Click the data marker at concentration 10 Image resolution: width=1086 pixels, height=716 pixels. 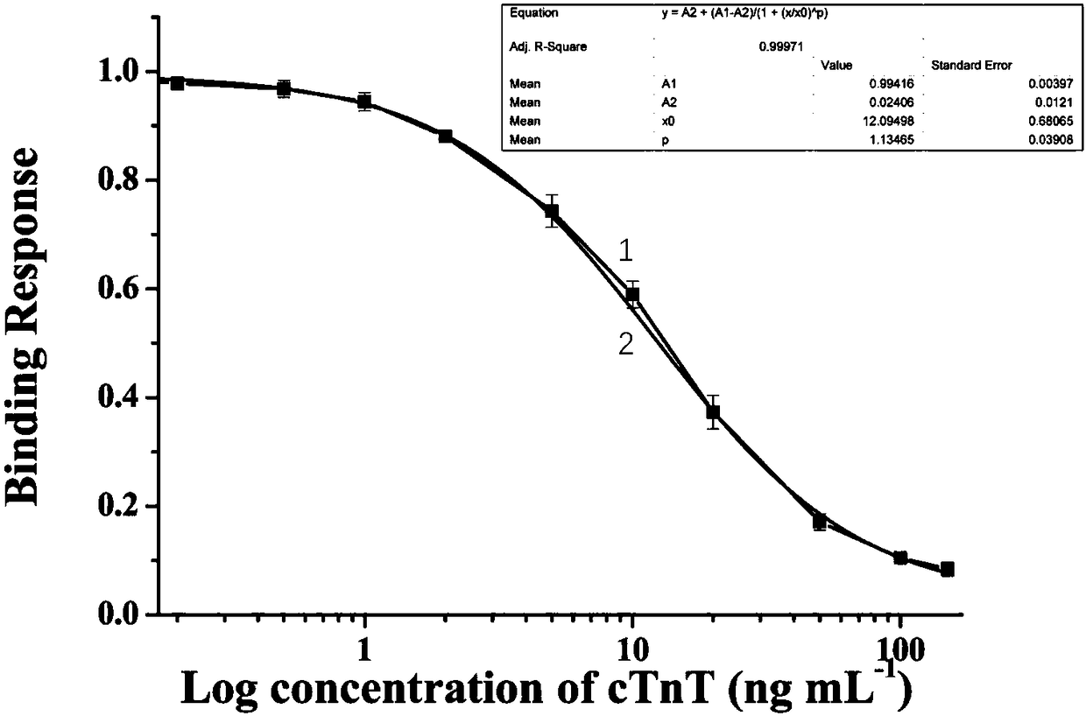[632, 294]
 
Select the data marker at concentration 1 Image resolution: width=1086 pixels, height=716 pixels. [364, 102]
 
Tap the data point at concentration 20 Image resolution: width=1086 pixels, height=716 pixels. [713, 411]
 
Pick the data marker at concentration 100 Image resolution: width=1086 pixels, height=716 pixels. [900, 558]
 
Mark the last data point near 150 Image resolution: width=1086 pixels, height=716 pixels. [948, 570]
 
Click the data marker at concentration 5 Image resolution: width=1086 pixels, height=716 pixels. [551, 211]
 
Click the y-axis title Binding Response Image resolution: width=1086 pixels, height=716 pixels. [22, 328]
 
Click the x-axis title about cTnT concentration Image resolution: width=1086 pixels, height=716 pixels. [547, 689]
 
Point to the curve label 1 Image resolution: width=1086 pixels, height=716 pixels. [626, 250]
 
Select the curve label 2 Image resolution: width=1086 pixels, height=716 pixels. [626, 345]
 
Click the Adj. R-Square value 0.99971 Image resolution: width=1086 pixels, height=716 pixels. [781, 47]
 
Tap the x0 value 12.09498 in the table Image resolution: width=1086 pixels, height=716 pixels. [888, 121]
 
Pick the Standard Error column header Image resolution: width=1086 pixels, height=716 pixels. [971, 66]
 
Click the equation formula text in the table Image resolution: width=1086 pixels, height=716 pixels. [745, 13]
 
